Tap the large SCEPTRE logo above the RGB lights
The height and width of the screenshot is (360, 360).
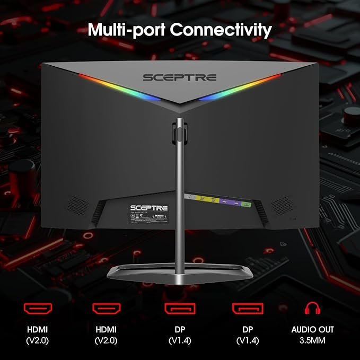point(179,77)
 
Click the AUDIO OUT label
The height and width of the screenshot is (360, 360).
point(312,329)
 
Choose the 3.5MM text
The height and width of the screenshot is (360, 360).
point(312,340)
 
